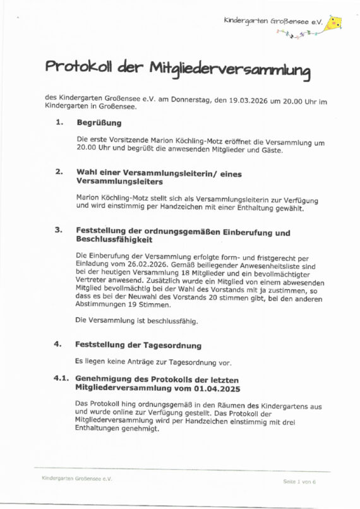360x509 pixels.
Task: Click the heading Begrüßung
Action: point(99,123)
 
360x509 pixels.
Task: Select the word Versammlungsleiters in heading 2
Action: point(119,181)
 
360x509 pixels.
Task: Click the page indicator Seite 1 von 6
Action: point(299,481)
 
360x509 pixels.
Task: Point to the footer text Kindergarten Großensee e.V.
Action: point(76,479)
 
